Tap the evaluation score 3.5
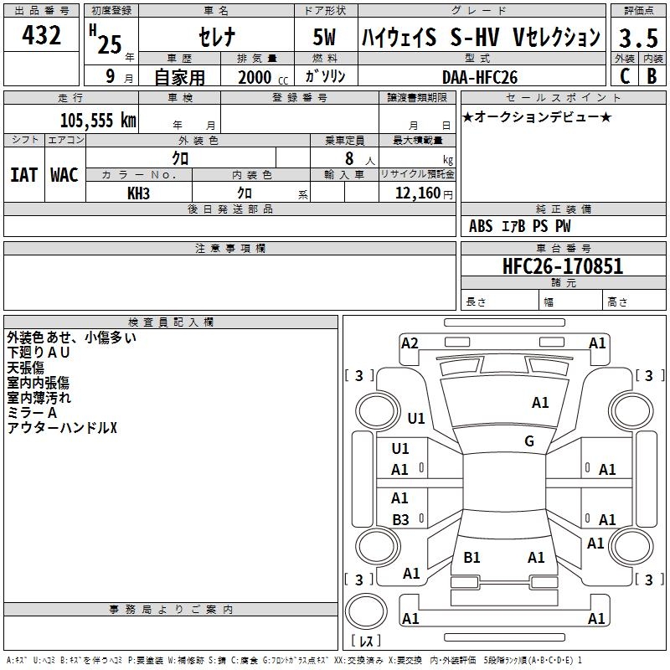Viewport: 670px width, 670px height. point(637,39)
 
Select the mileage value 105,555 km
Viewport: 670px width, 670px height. point(97,120)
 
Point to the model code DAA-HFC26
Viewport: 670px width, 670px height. point(480,76)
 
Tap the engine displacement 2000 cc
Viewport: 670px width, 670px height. point(260,77)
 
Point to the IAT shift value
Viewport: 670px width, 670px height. point(23,175)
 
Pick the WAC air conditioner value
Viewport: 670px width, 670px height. point(64,175)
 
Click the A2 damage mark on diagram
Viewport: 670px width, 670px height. point(410,343)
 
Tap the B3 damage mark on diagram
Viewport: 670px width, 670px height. point(400,520)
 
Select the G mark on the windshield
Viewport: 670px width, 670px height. point(528,441)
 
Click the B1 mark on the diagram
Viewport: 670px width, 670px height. point(472,558)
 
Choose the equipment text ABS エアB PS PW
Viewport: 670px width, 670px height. point(520,226)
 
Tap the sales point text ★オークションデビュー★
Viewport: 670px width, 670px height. point(536,116)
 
